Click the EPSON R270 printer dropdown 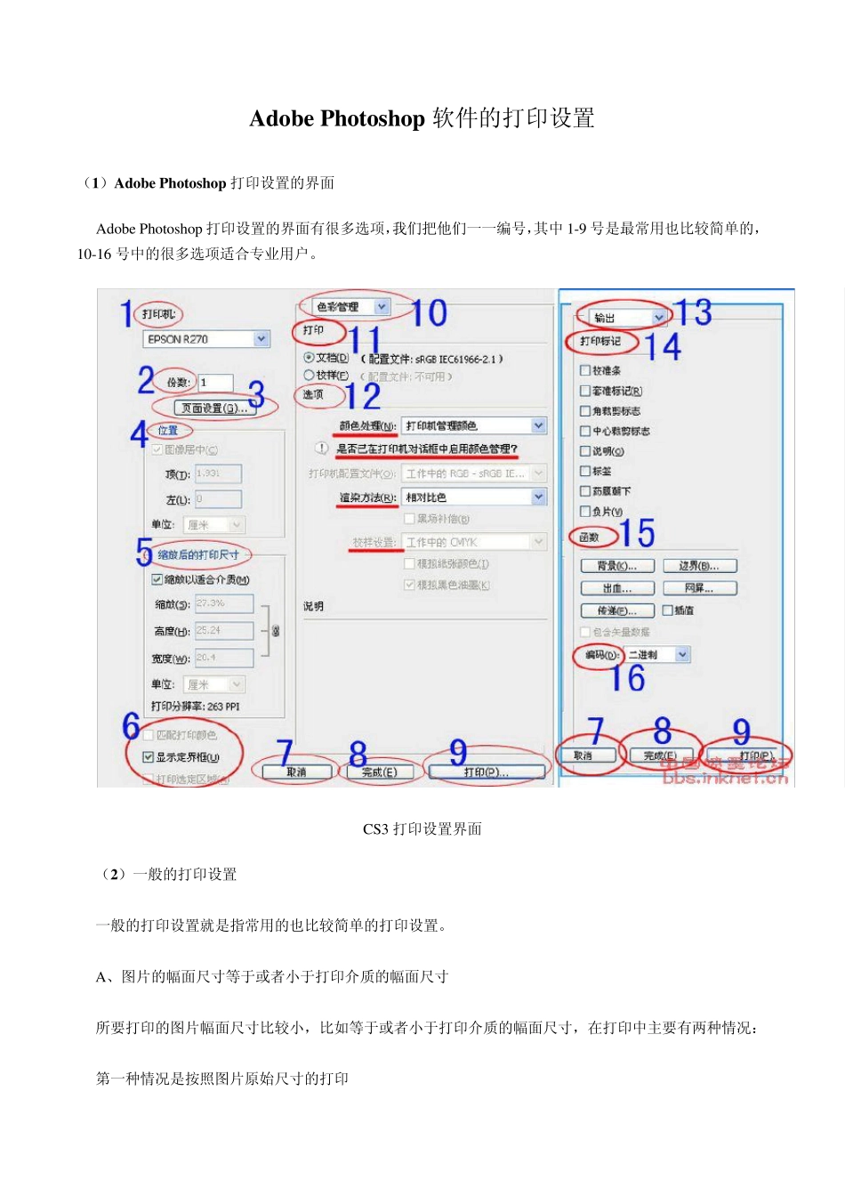click(x=205, y=339)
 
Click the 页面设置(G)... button click(x=213, y=408)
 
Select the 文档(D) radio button click(x=309, y=358)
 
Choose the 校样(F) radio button click(x=309, y=376)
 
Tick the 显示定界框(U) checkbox click(x=149, y=757)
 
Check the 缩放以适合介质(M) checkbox click(x=157, y=579)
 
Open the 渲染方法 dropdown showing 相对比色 click(x=474, y=497)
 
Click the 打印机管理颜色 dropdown click(x=474, y=426)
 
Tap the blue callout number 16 click(x=627, y=679)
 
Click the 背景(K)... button click(x=616, y=566)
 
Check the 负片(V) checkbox click(x=584, y=512)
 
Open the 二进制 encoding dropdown click(x=657, y=655)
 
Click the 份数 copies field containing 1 click(x=215, y=383)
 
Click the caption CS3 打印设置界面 click(x=422, y=829)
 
